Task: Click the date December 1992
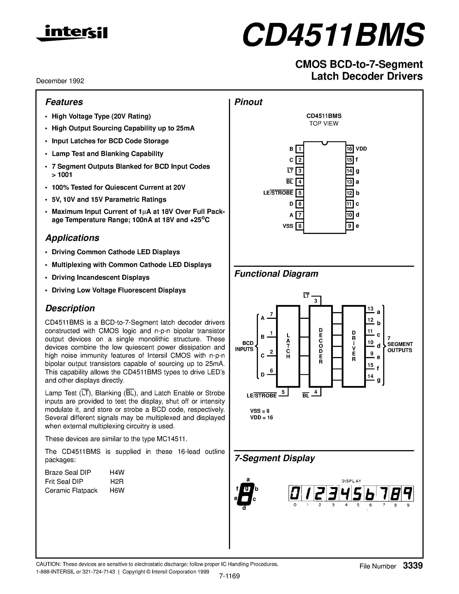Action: pos(60,81)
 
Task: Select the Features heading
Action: pos(64,102)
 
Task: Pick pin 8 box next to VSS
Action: pos(299,226)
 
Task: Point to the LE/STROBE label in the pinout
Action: pos(278,193)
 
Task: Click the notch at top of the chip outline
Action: pos(324,143)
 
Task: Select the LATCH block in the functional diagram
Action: pos(288,346)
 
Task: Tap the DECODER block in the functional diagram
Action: pos(321,346)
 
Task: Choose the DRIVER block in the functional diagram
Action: pos(354,346)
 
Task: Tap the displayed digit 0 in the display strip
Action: pos(294,493)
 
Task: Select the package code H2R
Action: pos(117,481)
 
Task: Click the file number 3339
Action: pos(413,566)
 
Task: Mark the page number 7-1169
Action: pos(229,576)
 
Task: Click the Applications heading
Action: pos(72,238)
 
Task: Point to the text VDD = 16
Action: pos(261,418)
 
